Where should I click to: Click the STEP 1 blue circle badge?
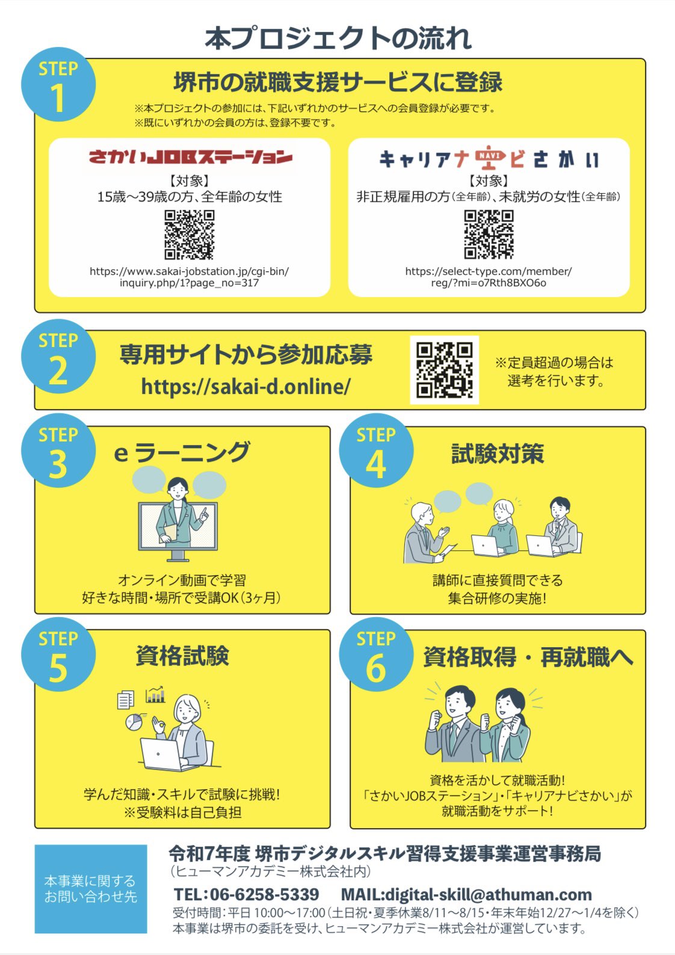coord(58,84)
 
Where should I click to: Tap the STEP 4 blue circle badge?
coord(376,450)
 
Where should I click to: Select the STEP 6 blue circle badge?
coord(376,654)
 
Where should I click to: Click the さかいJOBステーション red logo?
coord(190,157)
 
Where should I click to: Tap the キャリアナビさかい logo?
coord(489,158)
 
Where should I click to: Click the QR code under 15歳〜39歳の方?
coord(190,235)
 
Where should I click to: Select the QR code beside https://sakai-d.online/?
coord(445,370)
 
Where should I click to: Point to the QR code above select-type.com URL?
coord(489,235)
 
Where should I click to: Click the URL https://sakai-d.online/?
coord(246,387)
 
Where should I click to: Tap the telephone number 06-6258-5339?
coord(264,895)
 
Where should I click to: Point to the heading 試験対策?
coord(498,453)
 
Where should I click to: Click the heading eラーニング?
coord(182,452)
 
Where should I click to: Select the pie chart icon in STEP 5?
coord(134,722)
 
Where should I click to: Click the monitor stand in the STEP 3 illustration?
coord(178,556)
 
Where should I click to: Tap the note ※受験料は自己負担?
coord(182,812)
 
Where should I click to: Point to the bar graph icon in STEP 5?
coord(155,695)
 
